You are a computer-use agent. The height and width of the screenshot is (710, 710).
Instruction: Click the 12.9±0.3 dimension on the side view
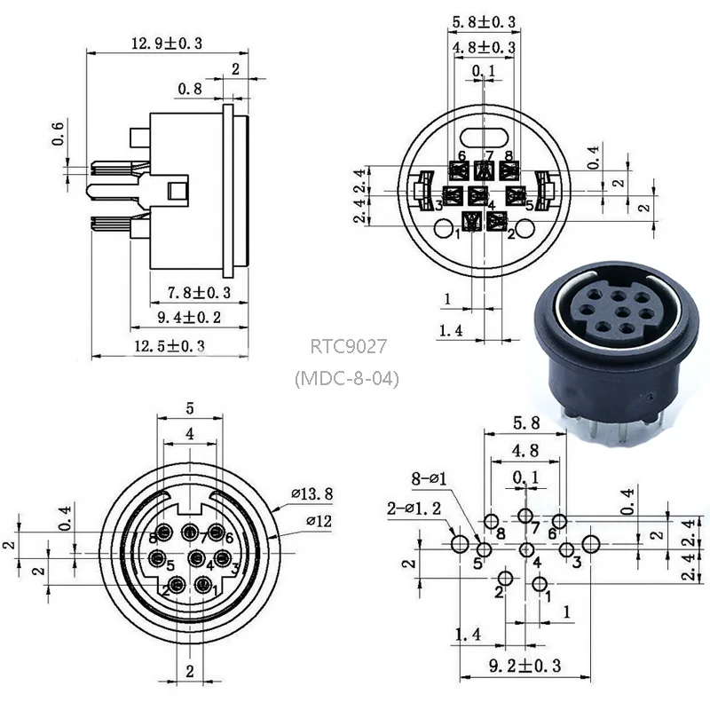167,43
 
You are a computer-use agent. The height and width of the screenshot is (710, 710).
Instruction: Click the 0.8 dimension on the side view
189,89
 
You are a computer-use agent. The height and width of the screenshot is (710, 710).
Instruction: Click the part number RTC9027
348,345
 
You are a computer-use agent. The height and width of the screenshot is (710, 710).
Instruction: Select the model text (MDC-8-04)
347,379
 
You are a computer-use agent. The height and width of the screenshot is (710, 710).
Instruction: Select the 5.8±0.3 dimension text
484,20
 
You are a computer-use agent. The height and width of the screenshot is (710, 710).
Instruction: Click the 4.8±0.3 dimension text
484,47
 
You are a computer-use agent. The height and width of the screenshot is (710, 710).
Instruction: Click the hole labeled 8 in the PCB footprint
491,521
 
